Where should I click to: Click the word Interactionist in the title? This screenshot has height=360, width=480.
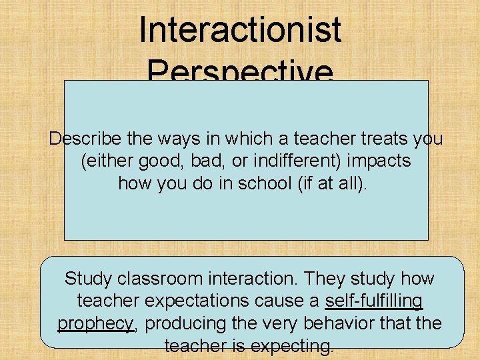click(240, 31)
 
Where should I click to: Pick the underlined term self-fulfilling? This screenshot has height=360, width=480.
click(373, 301)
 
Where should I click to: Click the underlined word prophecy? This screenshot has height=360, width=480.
click(96, 323)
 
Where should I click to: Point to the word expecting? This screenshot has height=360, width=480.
click(289, 345)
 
